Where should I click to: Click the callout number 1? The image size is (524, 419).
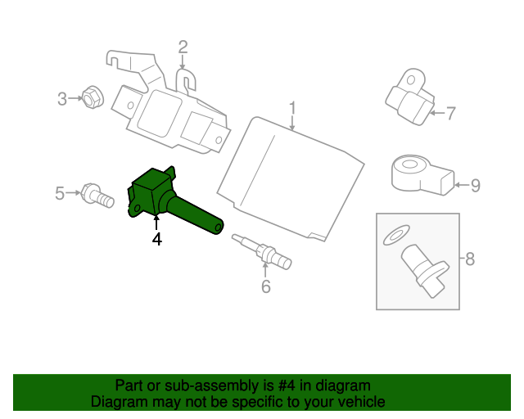(292, 108)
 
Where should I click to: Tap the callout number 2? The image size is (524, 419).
(183, 47)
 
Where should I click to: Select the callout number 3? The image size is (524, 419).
(62, 99)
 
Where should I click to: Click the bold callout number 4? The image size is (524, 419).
(156, 239)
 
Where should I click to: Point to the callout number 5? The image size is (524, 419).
(60, 193)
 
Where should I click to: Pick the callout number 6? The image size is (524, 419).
(265, 286)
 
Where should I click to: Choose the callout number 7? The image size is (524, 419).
(451, 113)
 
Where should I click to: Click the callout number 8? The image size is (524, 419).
(470, 259)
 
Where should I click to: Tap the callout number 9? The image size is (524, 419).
(476, 186)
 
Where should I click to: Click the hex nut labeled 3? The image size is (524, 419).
(93, 97)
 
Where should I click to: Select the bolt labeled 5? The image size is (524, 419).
(97, 196)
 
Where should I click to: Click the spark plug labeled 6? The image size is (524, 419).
(262, 251)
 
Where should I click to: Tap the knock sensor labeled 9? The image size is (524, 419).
(422, 175)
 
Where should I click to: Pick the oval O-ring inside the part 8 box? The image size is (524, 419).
(396, 235)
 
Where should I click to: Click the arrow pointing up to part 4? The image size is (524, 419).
(156, 223)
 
